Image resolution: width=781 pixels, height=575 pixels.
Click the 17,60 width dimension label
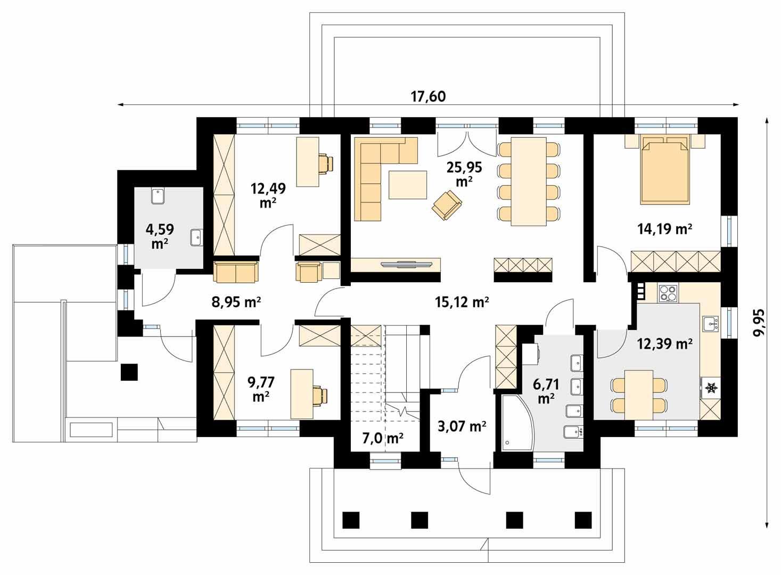428,96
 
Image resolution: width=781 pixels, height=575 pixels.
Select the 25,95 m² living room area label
464,174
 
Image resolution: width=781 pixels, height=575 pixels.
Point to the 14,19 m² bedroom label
664,229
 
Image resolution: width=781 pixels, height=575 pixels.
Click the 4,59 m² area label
159,236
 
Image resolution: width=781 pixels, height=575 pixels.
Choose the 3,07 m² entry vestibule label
462,426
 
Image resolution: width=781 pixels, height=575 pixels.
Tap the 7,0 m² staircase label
383,438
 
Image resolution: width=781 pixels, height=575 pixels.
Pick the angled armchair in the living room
447,205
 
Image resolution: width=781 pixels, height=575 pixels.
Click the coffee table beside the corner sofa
408,185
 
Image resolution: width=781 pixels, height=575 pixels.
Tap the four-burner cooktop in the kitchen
668,292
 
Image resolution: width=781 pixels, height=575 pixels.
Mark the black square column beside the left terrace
129,372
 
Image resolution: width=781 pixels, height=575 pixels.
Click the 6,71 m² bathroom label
546,392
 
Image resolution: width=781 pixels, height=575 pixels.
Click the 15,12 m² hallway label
462,302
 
